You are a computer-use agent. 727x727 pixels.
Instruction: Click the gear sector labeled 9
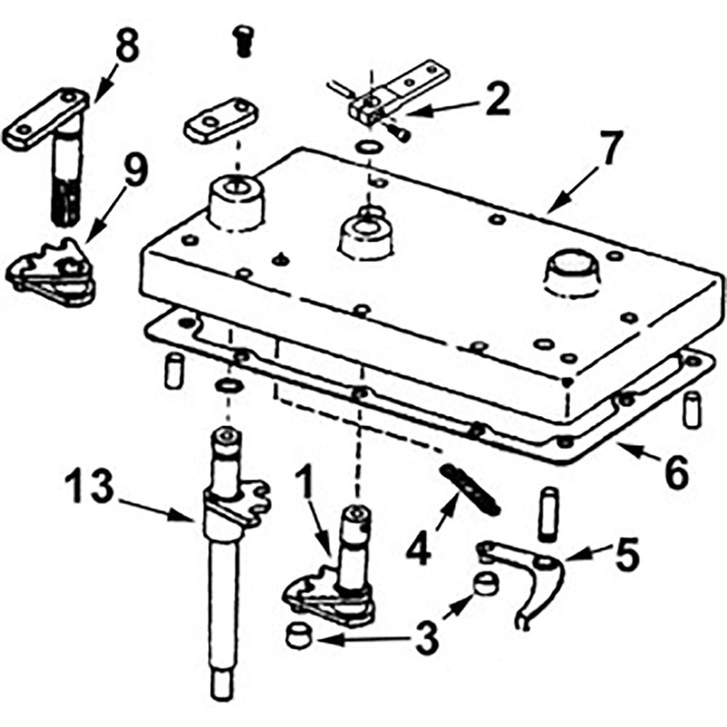pos(55,273)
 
